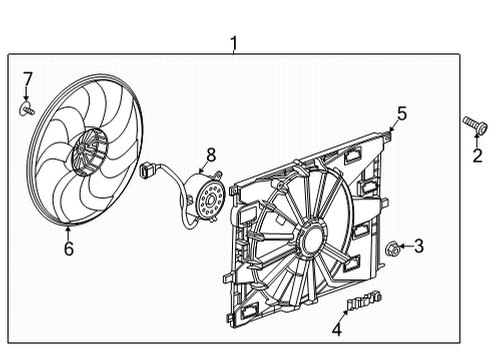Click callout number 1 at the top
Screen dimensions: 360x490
click(x=234, y=43)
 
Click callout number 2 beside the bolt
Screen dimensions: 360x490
click(x=476, y=155)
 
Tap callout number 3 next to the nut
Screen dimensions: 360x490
click(x=419, y=245)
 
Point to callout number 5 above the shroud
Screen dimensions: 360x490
click(x=401, y=115)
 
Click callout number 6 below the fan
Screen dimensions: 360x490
click(x=68, y=250)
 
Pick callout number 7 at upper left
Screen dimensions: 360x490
click(x=28, y=78)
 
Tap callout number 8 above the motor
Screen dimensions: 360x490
click(x=211, y=154)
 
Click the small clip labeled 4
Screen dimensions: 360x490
click(x=366, y=300)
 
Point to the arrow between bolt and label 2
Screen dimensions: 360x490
click(x=476, y=140)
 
